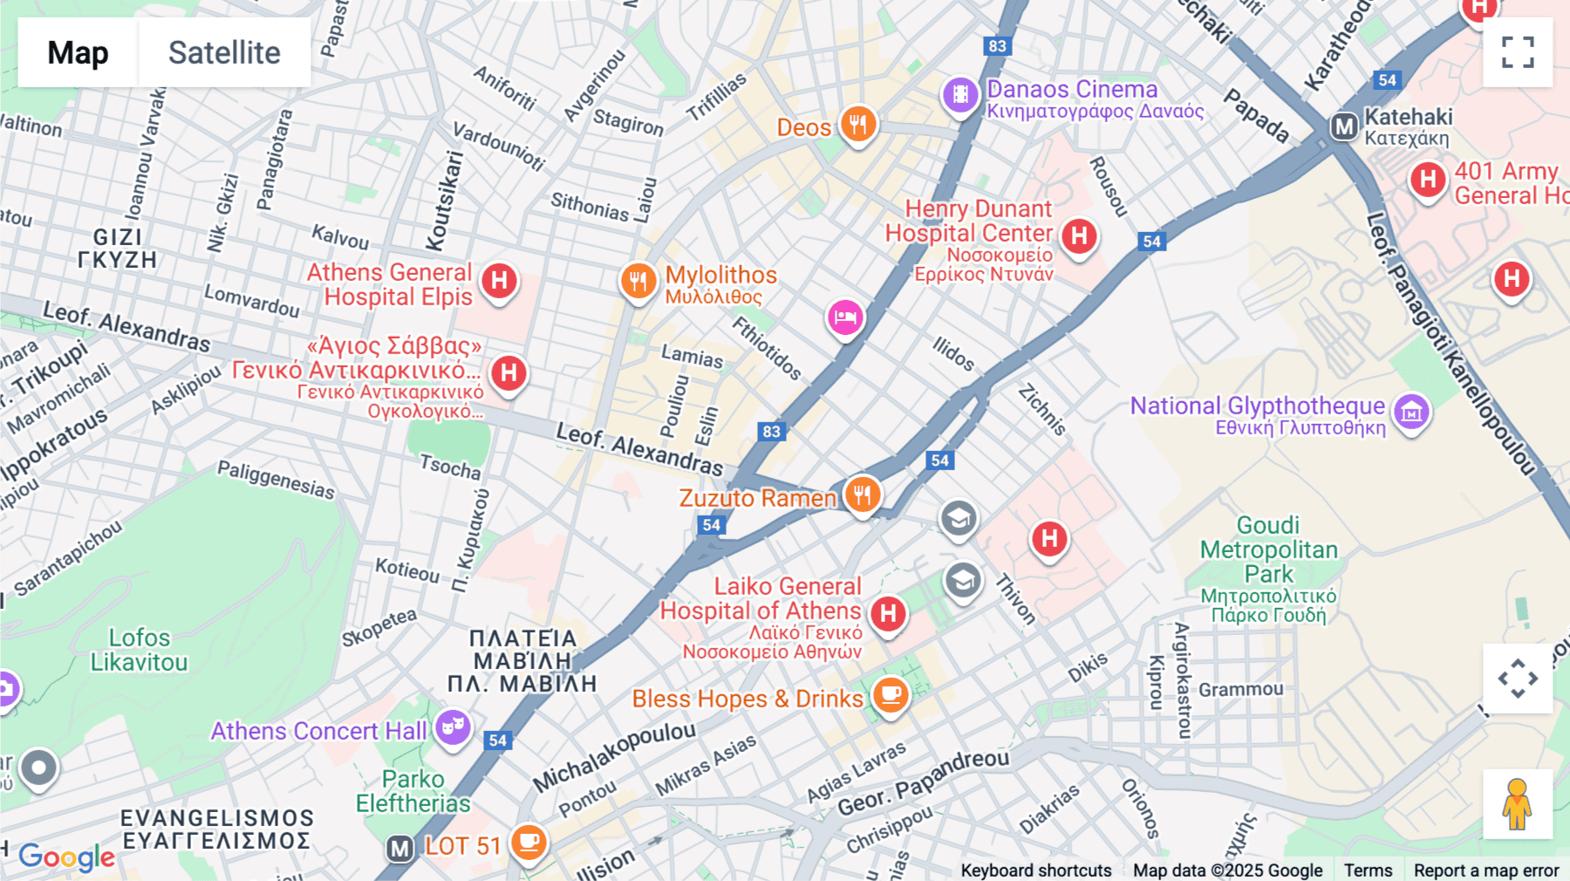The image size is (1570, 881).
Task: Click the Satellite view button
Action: click(x=224, y=52)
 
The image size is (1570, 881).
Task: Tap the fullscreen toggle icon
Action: click(x=1518, y=52)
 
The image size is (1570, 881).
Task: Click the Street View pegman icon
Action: click(x=1518, y=803)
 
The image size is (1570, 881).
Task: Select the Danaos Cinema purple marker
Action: click(x=960, y=94)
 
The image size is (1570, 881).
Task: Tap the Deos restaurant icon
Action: click(x=858, y=125)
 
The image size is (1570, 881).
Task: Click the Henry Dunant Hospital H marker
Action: click(x=1079, y=236)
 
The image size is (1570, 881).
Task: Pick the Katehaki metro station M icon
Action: click(x=1344, y=127)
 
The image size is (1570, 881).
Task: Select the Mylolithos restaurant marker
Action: click(x=638, y=281)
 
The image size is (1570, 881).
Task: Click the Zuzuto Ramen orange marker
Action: click(x=862, y=495)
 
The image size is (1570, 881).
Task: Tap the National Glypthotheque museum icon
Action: click(x=1411, y=412)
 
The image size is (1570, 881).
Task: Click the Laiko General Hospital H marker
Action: click(x=888, y=613)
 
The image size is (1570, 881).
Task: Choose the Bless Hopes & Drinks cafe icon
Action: click(x=891, y=695)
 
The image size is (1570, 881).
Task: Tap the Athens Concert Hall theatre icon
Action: click(x=453, y=727)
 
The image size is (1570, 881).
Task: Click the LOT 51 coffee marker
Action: click(x=529, y=843)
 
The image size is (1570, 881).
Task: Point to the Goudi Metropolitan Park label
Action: click(x=1269, y=550)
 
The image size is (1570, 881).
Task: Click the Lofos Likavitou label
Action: click(x=140, y=650)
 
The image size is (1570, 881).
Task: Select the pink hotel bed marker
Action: click(x=845, y=318)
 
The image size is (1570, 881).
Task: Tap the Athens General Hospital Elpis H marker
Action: click(x=500, y=281)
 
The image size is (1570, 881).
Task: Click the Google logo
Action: click(x=67, y=857)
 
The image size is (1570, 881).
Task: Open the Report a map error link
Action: click(x=1486, y=870)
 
